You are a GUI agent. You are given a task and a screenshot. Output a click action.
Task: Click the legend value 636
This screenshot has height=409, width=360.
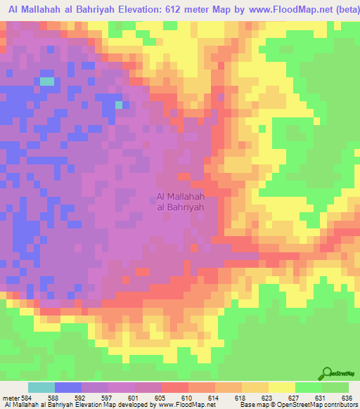click(347, 398)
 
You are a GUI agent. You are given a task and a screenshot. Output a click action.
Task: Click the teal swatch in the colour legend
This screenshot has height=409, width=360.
click(41, 387)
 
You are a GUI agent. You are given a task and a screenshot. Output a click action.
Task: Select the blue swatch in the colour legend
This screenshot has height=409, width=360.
click(67, 387)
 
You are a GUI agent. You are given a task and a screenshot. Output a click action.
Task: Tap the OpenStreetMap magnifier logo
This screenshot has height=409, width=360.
click(327, 374)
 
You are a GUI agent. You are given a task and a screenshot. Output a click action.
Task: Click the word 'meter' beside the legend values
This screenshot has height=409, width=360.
click(11, 398)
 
